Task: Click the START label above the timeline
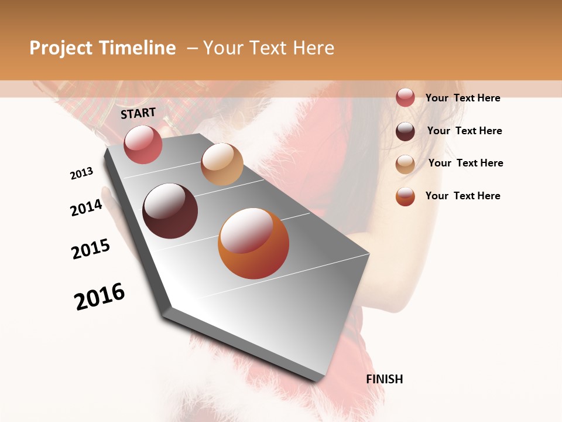click(x=138, y=113)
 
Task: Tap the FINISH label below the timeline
click(x=384, y=379)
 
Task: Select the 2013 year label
click(x=82, y=173)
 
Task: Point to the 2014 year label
click(x=87, y=207)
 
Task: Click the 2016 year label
click(x=100, y=297)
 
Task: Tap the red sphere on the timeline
click(x=143, y=144)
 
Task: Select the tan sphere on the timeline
click(x=222, y=164)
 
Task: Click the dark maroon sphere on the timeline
click(x=170, y=211)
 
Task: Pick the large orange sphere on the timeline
click(x=253, y=243)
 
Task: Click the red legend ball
click(x=405, y=98)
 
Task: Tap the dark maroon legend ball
click(x=405, y=131)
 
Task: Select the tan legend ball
click(x=405, y=164)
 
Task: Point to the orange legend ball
click(x=405, y=196)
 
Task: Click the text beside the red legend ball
click(x=462, y=98)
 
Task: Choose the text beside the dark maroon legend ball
click(x=464, y=131)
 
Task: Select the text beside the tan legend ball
click(x=465, y=163)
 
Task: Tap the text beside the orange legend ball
click(x=462, y=196)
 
